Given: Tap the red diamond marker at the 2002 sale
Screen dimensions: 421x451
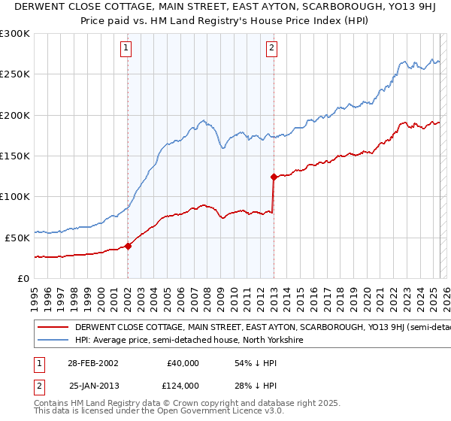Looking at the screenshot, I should [x=128, y=245].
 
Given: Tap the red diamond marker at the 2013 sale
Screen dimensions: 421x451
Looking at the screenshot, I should [x=274, y=177].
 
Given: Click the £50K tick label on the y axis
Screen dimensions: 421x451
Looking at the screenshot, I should [x=17, y=237].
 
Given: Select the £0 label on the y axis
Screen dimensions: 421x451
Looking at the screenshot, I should [x=24, y=277].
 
